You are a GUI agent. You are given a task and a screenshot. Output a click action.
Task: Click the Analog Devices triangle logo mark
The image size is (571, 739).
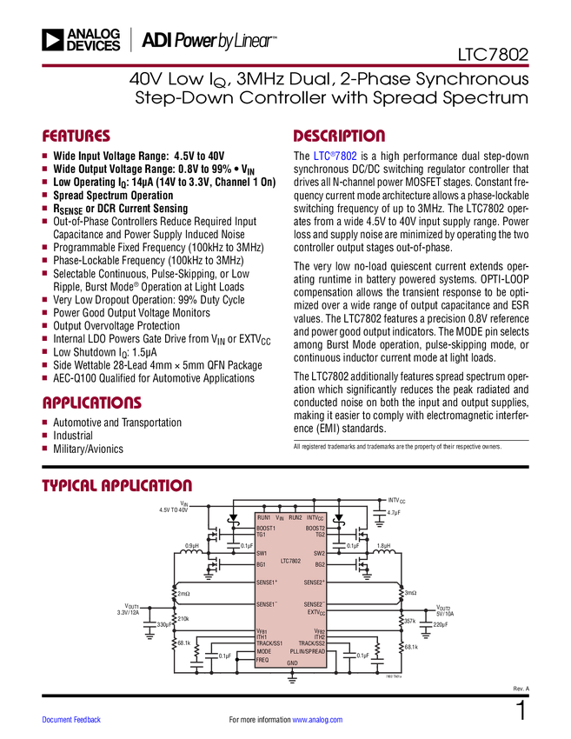(52, 40)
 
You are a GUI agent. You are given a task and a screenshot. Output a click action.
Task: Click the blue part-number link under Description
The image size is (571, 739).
(335, 157)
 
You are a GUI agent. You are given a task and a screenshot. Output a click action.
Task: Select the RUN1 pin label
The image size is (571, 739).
(263, 517)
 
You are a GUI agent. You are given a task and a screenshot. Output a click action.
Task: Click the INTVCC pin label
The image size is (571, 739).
(315, 517)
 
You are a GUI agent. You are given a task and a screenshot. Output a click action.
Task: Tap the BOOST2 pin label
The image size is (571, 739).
(315, 528)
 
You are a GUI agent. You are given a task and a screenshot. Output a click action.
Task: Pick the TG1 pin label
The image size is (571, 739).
(261, 535)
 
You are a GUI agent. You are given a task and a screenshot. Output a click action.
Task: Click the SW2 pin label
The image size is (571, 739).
(319, 553)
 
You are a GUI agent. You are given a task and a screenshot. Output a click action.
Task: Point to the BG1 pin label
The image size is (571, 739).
(261, 564)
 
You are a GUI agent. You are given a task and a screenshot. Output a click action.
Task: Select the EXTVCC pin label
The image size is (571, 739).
(315, 612)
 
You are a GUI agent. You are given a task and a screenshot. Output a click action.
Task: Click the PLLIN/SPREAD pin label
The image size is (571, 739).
(308, 651)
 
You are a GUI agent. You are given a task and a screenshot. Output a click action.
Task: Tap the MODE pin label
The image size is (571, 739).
(263, 651)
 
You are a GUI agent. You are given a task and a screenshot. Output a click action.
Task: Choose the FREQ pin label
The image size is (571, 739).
(262, 660)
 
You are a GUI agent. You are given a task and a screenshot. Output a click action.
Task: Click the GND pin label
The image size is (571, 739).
(292, 663)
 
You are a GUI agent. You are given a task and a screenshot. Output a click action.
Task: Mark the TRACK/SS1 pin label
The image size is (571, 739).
(269, 643)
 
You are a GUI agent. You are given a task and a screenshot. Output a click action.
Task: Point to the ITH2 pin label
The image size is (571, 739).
(319, 637)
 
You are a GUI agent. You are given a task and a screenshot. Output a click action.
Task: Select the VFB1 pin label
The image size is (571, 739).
(262, 631)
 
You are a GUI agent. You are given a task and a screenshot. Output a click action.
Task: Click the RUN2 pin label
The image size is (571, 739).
(295, 517)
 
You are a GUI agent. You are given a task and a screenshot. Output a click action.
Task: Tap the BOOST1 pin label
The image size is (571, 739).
(266, 528)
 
